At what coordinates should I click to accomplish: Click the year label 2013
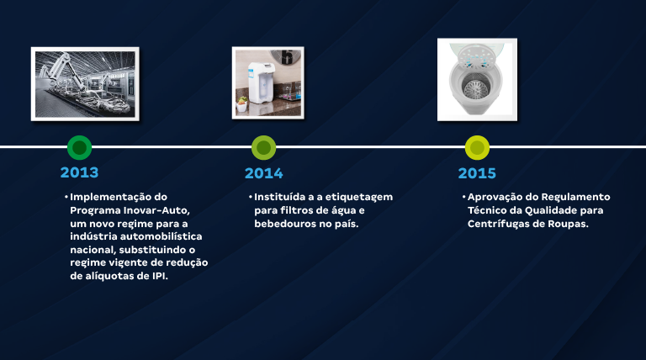click(79, 172)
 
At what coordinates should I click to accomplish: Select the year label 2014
click(263, 173)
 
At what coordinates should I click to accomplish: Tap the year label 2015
click(477, 173)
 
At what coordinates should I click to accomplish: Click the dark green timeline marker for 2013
click(79, 148)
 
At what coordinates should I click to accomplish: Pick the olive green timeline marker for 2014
click(263, 148)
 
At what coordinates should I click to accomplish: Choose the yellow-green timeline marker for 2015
click(477, 148)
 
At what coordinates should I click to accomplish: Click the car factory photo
click(85, 83)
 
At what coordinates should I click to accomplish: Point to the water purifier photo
click(267, 82)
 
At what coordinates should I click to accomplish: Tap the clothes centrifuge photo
click(477, 79)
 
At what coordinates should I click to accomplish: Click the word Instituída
click(283, 197)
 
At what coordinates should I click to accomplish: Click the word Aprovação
click(497, 197)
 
